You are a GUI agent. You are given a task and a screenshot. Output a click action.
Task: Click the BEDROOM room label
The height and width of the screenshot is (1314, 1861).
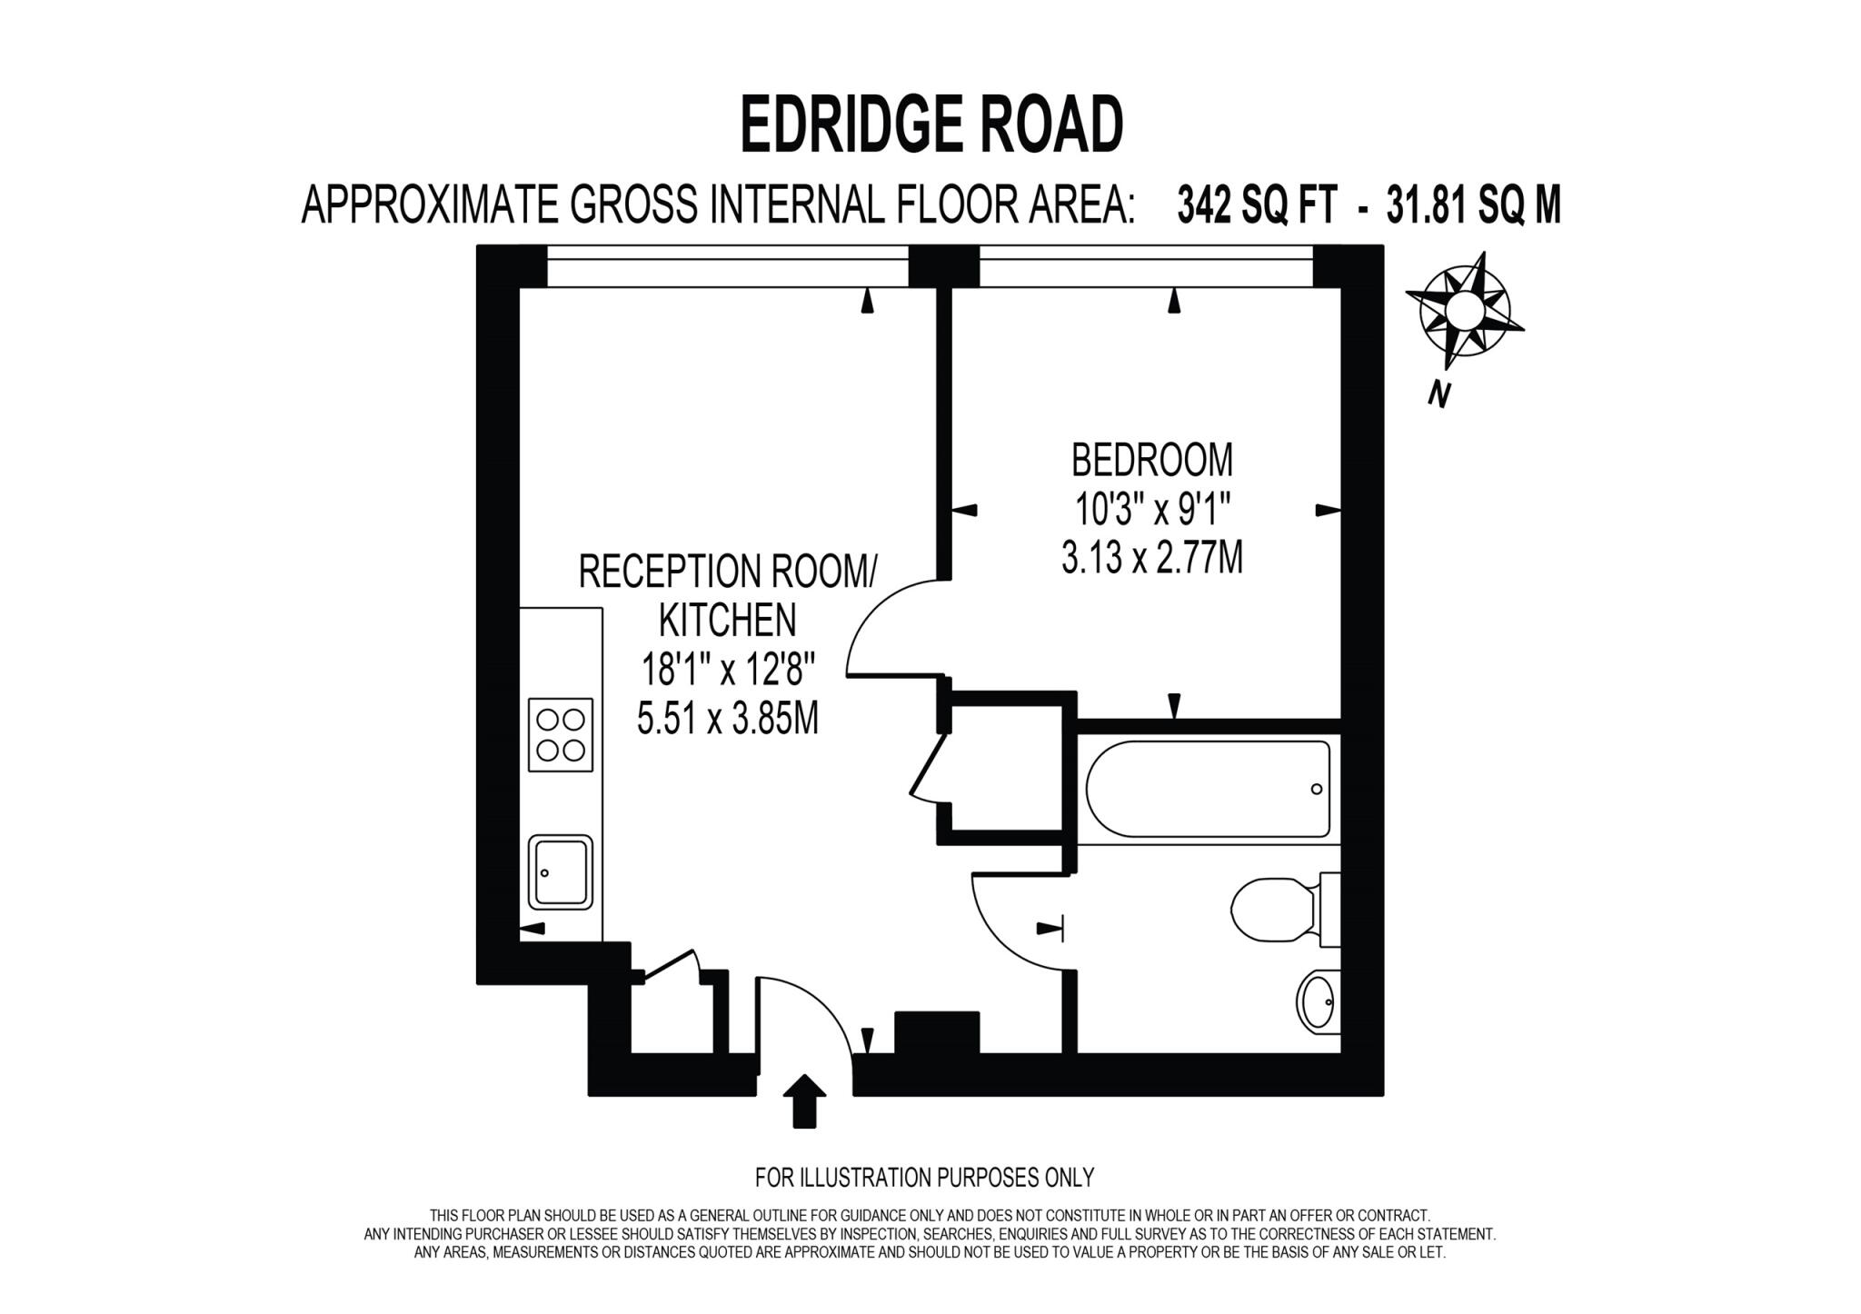tap(1152, 460)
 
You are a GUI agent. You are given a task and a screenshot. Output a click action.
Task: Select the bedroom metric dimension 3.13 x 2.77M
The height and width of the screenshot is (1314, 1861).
tap(1152, 557)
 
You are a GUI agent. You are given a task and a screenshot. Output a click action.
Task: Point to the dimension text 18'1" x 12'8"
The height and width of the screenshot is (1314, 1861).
tap(728, 672)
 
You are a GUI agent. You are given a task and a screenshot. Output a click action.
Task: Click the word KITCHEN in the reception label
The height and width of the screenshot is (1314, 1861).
tap(728, 621)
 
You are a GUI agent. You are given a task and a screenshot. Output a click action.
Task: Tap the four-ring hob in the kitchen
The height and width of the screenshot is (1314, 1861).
tap(561, 734)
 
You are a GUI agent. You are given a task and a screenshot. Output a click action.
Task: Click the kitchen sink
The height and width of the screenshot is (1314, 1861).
tap(561, 871)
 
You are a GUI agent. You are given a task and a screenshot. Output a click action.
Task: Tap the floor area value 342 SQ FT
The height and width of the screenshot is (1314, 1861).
tap(1257, 205)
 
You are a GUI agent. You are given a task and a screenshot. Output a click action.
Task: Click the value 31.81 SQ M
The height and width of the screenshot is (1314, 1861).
tap(1473, 205)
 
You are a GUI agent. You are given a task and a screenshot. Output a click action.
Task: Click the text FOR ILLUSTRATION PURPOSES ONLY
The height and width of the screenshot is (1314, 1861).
tap(924, 1178)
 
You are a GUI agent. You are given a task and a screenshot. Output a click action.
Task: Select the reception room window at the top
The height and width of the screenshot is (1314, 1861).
tap(727, 265)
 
